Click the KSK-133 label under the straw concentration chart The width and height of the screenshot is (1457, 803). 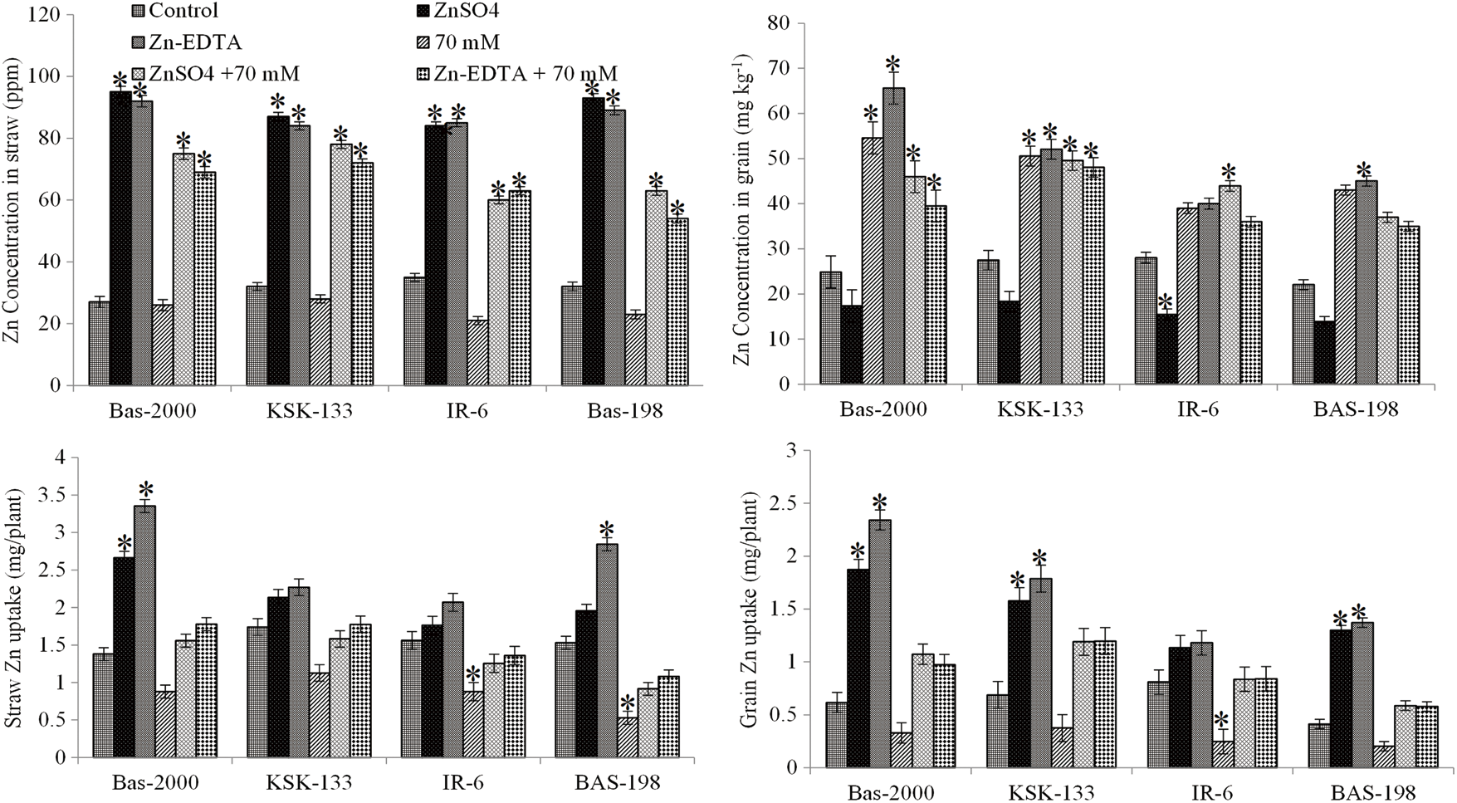[310, 410]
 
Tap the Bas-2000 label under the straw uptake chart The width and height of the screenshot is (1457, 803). [154, 782]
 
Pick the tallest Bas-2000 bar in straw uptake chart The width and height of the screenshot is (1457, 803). [145, 631]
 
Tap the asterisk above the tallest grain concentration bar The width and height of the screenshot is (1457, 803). [892, 65]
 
